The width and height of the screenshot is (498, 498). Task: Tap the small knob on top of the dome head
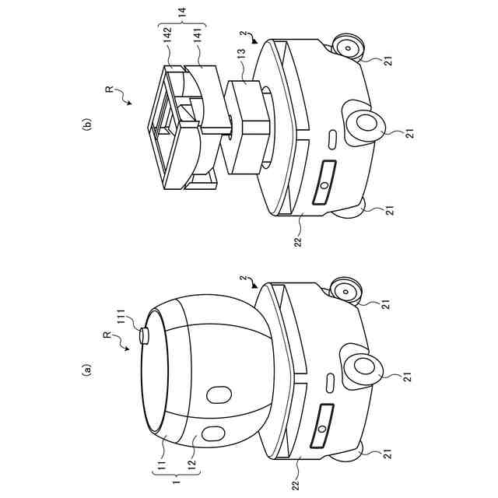pos(144,336)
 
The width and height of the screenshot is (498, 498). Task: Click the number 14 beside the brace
pos(183,12)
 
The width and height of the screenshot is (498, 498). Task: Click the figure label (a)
pos(86,370)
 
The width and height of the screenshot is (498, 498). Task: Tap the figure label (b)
pos(86,124)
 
